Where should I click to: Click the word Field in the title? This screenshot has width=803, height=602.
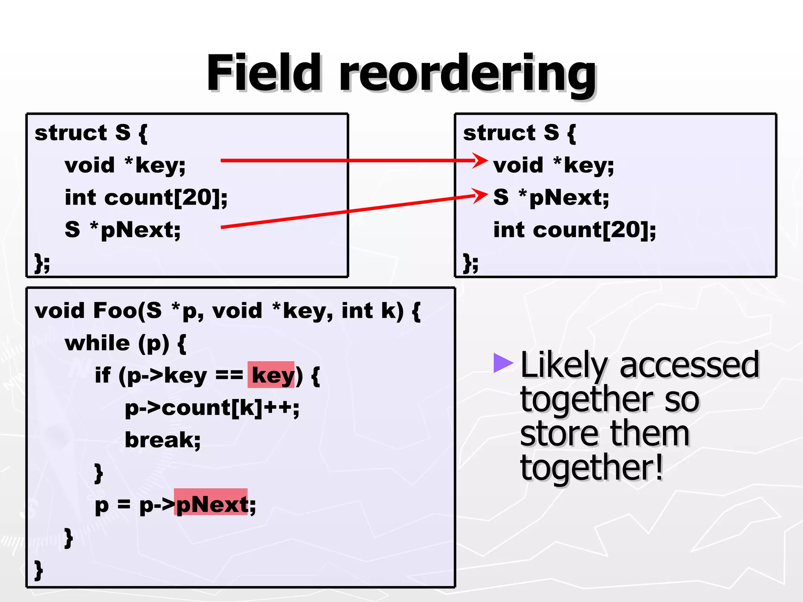pyautogui.click(x=263, y=73)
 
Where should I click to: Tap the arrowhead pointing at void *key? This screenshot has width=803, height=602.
pyautogui.click(x=480, y=160)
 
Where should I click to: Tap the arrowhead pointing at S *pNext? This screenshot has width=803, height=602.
pyautogui.click(x=480, y=195)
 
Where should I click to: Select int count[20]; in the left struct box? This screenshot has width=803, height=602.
pyautogui.click(x=146, y=197)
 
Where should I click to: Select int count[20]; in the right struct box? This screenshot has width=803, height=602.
pyautogui.click(x=574, y=230)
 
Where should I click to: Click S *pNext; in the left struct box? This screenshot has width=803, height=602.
pyautogui.click(x=123, y=230)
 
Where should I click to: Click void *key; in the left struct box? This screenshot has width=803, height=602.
pyautogui.click(x=125, y=165)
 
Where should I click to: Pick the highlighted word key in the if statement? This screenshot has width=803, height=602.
pyautogui.click(x=271, y=375)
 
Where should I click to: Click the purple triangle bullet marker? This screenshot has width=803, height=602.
pyautogui.click(x=502, y=363)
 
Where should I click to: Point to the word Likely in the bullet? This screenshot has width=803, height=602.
pyautogui.click(x=563, y=365)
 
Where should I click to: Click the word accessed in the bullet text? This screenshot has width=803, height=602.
pyautogui.click(x=689, y=365)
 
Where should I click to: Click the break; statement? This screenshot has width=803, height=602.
pyautogui.click(x=163, y=440)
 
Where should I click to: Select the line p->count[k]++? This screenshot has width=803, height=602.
pyautogui.click(x=212, y=408)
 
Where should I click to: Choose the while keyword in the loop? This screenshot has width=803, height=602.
pyautogui.click(x=97, y=343)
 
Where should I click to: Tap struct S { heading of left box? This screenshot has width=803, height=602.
pyautogui.click(x=91, y=133)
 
